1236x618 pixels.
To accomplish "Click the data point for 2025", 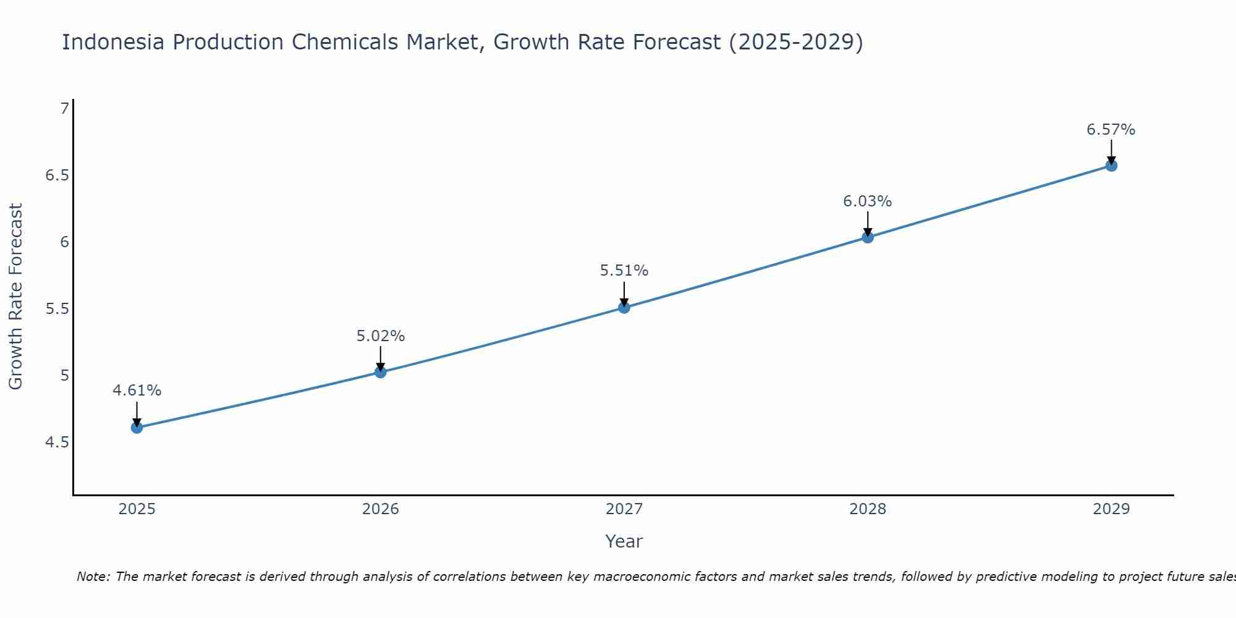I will click(x=137, y=427).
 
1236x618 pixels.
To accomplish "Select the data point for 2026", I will click(x=380, y=372).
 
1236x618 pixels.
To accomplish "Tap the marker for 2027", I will click(x=624, y=307).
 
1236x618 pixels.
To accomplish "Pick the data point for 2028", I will click(x=868, y=237).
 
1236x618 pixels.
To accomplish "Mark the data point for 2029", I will click(x=1111, y=166).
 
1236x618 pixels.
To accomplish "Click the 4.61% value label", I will click(x=137, y=391).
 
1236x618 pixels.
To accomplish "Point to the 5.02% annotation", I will click(x=380, y=336).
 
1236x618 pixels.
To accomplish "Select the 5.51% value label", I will click(x=624, y=271).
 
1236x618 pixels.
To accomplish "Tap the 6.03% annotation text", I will click(x=868, y=201).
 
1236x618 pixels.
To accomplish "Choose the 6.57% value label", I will click(x=1111, y=130).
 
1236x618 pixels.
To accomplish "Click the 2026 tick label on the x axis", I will click(x=380, y=509).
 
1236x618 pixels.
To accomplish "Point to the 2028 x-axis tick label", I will click(x=868, y=509).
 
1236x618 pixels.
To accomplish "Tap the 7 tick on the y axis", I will click(x=64, y=109).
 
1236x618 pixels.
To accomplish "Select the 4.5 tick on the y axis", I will click(x=57, y=442).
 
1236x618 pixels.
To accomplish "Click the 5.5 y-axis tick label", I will click(x=57, y=309).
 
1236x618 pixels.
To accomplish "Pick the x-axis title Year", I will click(x=624, y=541).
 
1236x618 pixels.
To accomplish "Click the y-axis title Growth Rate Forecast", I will click(x=15, y=297).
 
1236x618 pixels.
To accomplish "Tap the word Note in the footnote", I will click(x=93, y=577).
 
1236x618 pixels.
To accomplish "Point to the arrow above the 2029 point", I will click(x=1111, y=152).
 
